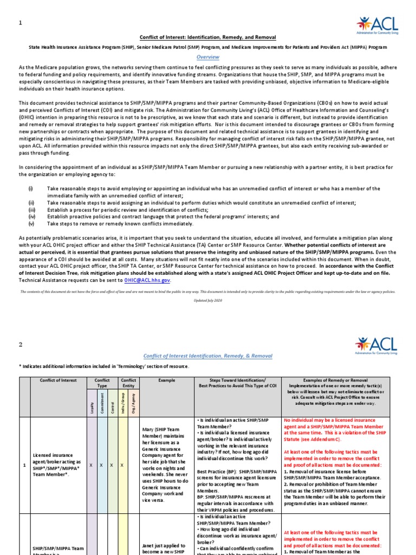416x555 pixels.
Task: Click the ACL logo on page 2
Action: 376,345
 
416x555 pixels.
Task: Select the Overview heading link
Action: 207,57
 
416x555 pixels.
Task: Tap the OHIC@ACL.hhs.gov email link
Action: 147,280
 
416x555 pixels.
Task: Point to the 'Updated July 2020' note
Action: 207,300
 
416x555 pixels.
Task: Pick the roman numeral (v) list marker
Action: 31,223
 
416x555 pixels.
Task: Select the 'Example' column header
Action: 167,380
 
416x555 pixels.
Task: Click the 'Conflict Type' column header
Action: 102,384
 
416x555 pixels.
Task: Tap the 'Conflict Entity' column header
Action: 128,384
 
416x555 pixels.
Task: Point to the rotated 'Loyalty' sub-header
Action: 91,406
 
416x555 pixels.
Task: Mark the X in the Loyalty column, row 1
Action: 91,465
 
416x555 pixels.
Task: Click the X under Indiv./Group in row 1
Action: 121,465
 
